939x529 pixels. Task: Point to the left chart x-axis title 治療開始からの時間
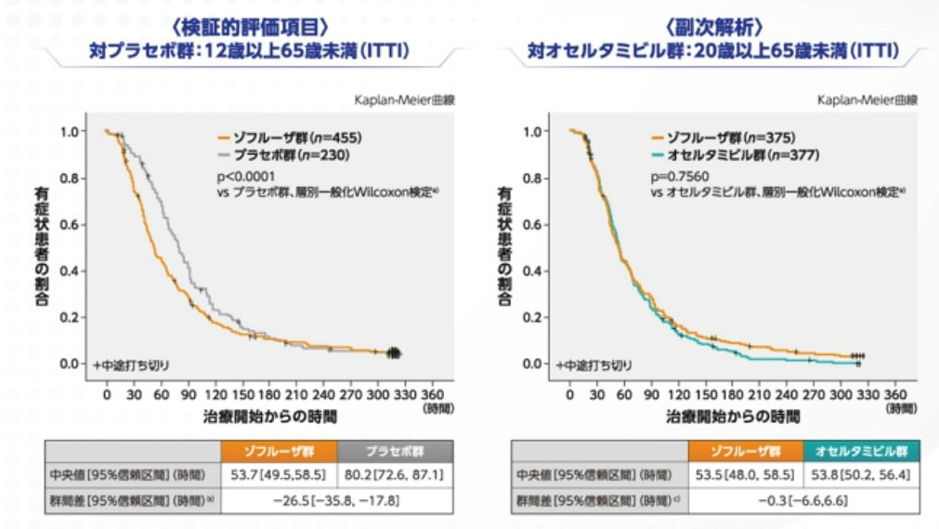point(270,416)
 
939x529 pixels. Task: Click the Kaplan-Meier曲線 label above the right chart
point(867,99)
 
